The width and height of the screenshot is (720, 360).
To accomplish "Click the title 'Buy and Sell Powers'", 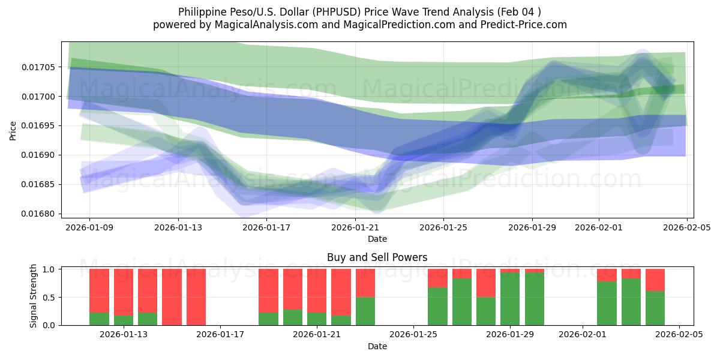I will point(377,257).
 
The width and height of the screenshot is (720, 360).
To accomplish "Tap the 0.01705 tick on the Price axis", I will point(37,67).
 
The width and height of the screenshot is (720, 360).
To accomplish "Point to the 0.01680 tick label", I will point(37,214).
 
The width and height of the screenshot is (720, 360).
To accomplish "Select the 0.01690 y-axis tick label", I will point(37,155).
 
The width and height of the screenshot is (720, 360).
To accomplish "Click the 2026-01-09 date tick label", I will point(90,227).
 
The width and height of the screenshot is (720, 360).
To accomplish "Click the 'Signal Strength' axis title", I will point(34,296).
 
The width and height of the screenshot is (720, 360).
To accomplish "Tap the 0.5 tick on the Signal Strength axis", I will point(50,298).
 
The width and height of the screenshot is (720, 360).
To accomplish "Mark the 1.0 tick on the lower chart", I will point(50,269).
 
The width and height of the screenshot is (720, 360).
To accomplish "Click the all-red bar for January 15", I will point(172,297).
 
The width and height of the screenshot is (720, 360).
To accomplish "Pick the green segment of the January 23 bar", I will point(365,311).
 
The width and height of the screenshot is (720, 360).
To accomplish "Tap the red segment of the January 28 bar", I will point(486,283).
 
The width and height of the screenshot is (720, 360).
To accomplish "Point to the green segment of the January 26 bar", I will point(437,306).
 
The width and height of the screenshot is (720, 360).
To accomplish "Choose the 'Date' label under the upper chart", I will point(377,239).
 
